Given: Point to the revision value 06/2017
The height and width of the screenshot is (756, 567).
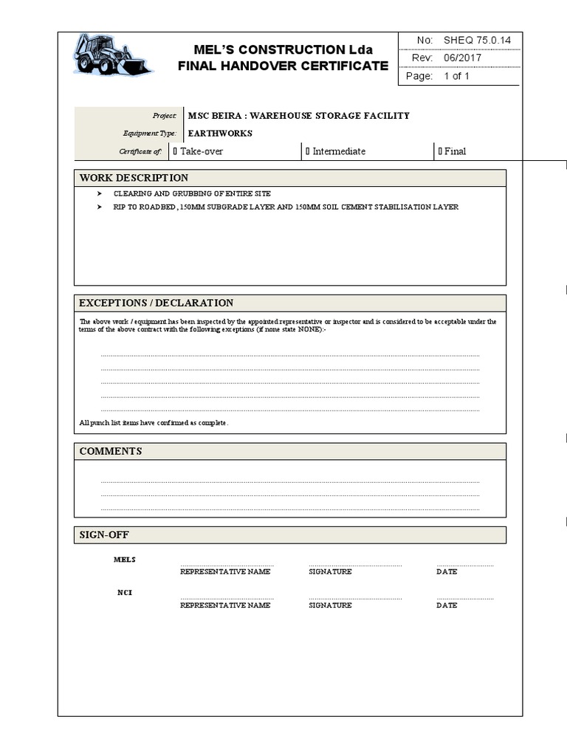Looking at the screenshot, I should coord(462,58).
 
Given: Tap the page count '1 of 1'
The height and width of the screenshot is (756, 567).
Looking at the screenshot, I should coord(456,76).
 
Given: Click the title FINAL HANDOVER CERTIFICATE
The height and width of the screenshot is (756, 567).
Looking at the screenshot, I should coord(283,66).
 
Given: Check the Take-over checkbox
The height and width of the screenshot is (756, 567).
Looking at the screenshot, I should coord(175,151).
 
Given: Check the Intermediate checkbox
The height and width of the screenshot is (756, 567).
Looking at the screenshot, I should coord(308,151).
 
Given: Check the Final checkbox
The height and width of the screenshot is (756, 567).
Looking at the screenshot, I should coord(440,151).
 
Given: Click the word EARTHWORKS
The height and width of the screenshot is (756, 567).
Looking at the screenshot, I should coord(220,134).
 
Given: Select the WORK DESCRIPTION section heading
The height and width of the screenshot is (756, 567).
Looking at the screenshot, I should coord(134,178).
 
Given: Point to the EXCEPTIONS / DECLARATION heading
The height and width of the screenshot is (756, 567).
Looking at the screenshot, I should coord(156,303).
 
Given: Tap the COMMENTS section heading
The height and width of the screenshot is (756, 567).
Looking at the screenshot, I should coord(111,451).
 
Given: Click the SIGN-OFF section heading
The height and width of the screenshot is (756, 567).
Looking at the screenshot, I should coord(104,535).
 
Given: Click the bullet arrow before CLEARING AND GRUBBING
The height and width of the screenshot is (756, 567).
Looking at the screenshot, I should coord(100,193).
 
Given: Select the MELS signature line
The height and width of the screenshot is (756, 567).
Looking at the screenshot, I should coord(354,565).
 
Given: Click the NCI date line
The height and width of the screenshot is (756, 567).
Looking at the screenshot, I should coord(464,598).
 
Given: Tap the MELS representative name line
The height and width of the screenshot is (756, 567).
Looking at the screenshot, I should coord(227,565).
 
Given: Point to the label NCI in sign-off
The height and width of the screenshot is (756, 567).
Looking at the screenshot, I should coord(124,593).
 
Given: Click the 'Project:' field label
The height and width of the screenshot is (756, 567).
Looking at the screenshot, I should coord(164,116).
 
